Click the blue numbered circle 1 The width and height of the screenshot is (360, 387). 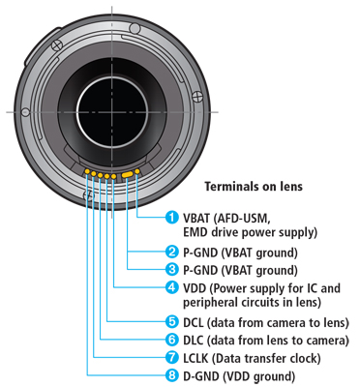172,218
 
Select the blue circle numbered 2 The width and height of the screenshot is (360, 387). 172,252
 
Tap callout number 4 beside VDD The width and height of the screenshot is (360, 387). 172,287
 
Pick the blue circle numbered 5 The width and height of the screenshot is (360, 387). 172,321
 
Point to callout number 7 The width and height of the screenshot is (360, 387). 172,357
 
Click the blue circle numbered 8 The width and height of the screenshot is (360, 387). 172,375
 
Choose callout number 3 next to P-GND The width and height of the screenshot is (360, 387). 172,269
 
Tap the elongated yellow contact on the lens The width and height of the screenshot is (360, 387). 127,174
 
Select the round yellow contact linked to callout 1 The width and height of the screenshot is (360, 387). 137,172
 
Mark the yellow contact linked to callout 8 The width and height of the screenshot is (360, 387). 87,172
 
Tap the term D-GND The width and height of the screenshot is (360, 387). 200,376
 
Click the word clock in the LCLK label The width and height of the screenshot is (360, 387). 303,358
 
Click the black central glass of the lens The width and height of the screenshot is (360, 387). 111,112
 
